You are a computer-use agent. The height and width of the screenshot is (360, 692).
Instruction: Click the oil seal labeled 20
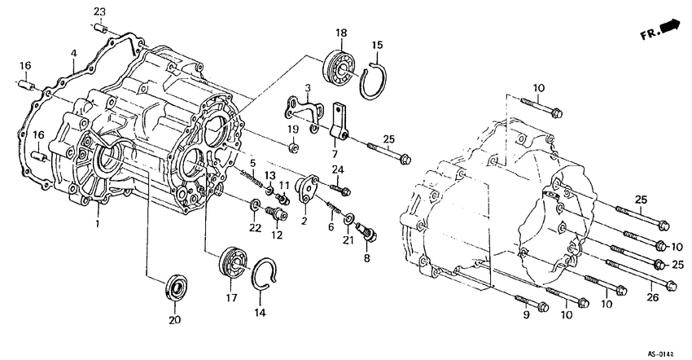click(173, 288)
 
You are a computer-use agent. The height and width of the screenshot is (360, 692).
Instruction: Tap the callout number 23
click(99, 11)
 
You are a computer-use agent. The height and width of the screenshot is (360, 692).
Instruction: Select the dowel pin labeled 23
click(101, 29)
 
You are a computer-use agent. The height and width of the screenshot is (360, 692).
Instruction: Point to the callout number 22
click(255, 228)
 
